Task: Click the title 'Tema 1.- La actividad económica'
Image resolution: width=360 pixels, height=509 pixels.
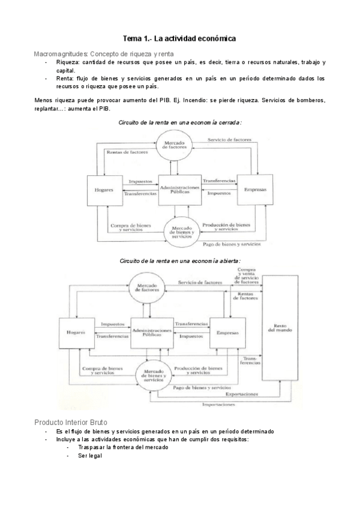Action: tap(179, 38)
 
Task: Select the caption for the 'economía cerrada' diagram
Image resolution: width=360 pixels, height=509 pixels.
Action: tap(180, 122)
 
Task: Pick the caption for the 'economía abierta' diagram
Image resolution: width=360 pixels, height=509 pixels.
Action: tap(180, 261)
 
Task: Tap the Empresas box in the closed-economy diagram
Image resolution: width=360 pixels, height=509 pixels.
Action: tap(255, 189)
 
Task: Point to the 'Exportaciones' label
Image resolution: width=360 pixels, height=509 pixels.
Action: tap(242, 394)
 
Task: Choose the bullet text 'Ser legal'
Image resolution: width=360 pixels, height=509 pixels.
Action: tap(90, 456)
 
